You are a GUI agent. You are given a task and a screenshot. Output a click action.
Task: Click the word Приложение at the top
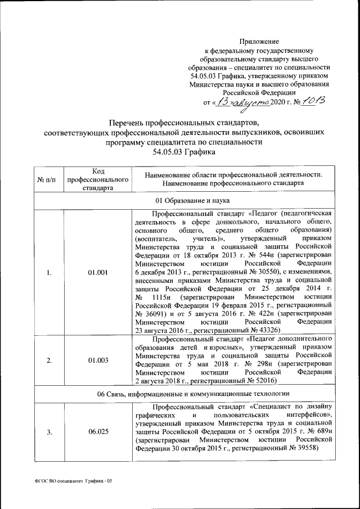coord(259,42)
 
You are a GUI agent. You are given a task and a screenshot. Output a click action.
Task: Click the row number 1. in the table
coord(49,273)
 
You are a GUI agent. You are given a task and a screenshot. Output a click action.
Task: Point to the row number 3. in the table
coord(49,431)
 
